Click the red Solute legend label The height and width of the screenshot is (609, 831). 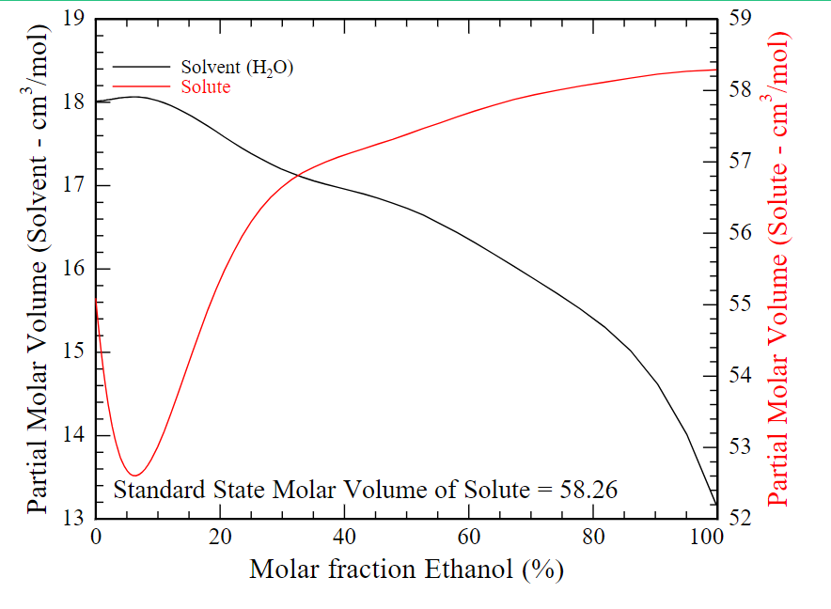pyautogui.click(x=205, y=86)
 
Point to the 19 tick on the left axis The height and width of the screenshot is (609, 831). pyautogui.click(x=75, y=19)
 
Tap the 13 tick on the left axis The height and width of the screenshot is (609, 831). pyautogui.click(x=75, y=519)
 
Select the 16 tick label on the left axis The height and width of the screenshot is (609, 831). pyautogui.click(x=75, y=269)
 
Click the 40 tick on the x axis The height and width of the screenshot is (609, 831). pyautogui.click(x=344, y=537)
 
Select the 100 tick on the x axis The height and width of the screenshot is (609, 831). pyautogui.click(x=705, y=537)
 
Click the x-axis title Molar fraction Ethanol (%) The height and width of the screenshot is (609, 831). pyautogui.click(x=406, y=570)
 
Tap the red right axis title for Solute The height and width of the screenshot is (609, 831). pyautogui.click(x=780, y=268)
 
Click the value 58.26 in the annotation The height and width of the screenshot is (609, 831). pyautogui.click(x=586, y=490)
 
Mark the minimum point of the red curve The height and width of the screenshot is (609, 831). pyautogui.click(x=134, y=475)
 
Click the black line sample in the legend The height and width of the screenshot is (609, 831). pyautogui.click(x=141, y=68)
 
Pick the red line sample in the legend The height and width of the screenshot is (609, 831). pyautogui.click(x=141, y=86)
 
